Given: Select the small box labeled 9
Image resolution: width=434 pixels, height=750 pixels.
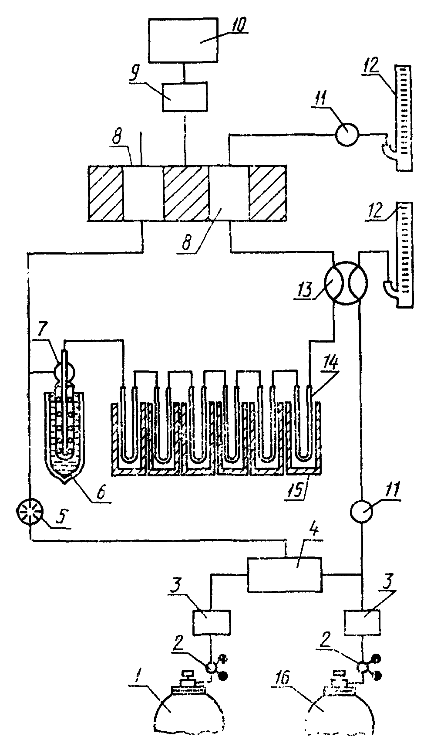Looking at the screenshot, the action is click(x=185, y=97).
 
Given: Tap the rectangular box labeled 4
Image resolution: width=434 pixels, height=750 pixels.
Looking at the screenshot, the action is click(x=284, y=574).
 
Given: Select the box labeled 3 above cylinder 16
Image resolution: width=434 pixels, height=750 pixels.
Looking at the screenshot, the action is click(x=362, y=623).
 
